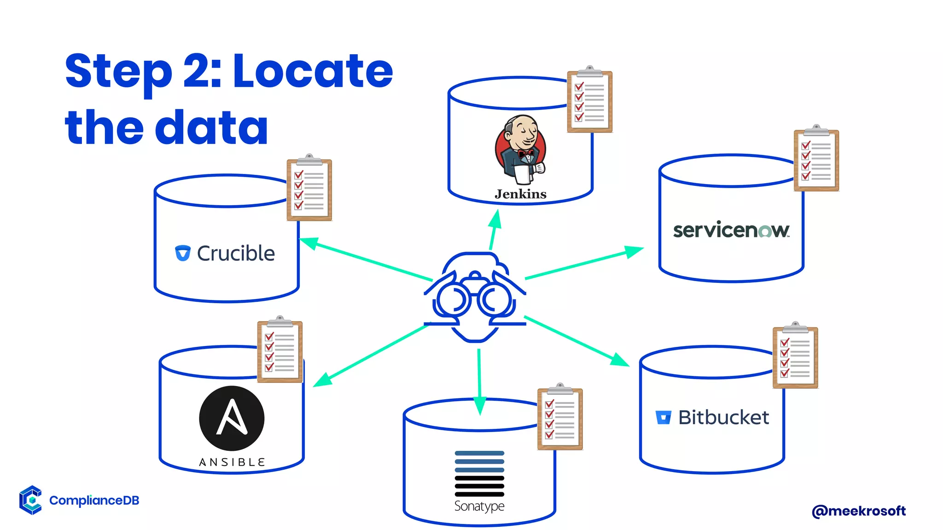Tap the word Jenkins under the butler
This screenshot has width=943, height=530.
[520, 194]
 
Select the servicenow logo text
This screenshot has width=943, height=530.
[731, 230]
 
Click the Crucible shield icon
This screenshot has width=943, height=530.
[183, 253]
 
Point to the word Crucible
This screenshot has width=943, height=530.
[236, 253]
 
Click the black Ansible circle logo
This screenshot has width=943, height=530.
[232, 418]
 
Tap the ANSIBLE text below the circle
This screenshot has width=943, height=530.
[232, 462]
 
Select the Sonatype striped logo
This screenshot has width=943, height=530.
[479, 473]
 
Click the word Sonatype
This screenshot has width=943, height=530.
[479, 506]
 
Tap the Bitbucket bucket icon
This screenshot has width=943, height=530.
[664, 417]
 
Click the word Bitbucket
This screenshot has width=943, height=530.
[723, 418]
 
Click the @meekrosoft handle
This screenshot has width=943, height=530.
[859, 511]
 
